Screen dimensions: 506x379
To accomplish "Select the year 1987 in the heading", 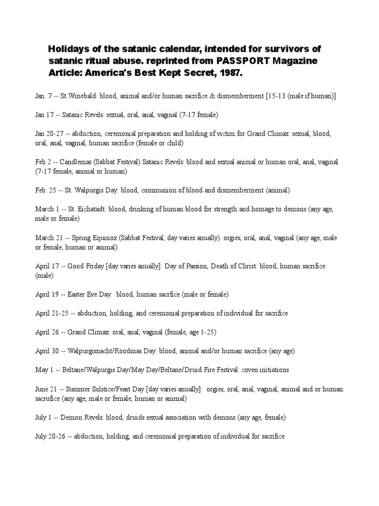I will tap(231, 73).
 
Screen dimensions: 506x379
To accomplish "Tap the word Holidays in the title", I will tap(69, 49).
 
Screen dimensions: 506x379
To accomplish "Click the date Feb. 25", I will tap(45, 190).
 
